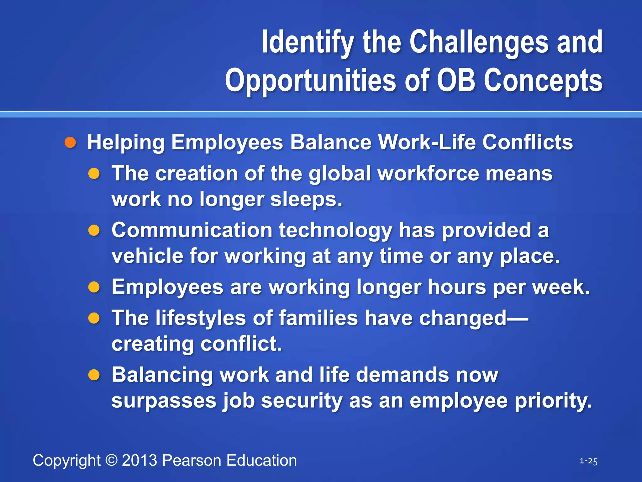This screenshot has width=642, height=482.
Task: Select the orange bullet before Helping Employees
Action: point(70,142)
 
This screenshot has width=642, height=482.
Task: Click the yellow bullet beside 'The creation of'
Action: point(94,174)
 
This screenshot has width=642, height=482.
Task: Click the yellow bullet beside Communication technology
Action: point(94,231)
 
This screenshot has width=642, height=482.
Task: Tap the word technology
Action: point(335,230)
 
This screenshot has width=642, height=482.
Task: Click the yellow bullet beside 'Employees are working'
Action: point(94,287)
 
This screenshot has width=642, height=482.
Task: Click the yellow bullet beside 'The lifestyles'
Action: point(94,319)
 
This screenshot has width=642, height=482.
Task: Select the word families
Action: point(318,318)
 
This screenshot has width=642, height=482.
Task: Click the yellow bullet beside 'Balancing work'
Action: point(94,375)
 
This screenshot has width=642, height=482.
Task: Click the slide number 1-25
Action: point(588,461)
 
